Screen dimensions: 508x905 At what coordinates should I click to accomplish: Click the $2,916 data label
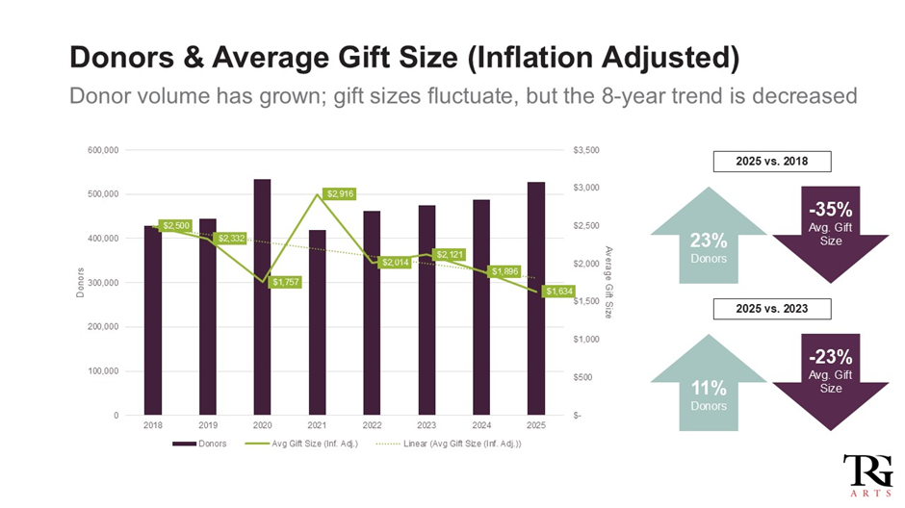(x=339, y=193)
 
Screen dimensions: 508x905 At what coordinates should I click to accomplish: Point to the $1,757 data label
(x=285, y=282)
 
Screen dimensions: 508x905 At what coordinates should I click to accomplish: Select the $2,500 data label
(x=175, y=226)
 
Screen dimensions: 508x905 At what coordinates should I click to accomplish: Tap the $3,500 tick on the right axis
(x=586, y=150)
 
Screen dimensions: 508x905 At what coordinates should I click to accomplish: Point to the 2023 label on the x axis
(x=427, y=424)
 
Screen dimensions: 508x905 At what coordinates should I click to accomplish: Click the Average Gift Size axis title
(x=609, y=281)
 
